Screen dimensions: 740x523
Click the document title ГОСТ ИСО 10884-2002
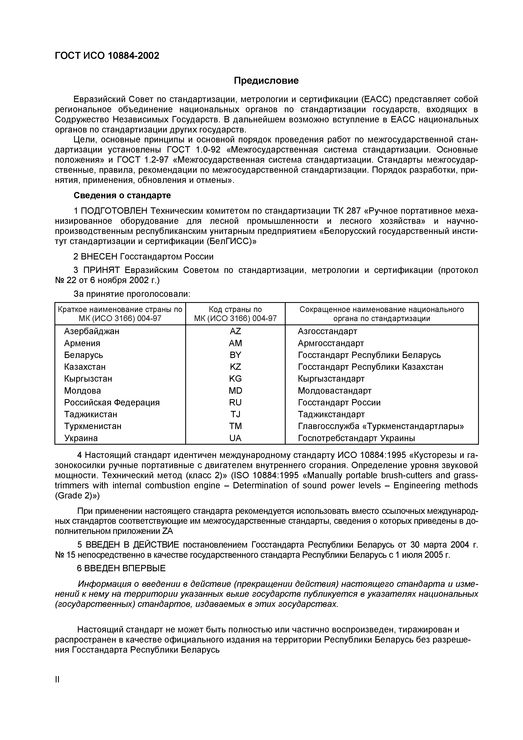click(107, 56)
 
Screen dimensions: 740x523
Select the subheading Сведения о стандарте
click(122, 195)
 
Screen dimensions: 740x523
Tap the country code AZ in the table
click(235, 331)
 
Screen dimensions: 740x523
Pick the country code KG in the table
click(235, 379)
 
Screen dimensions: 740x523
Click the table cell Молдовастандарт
click(334, 391)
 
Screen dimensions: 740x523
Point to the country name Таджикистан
click(91, 414)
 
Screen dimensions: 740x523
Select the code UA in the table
click(235, 438)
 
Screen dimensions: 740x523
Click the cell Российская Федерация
click(112, 402)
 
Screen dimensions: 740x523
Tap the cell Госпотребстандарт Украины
click(356, 438)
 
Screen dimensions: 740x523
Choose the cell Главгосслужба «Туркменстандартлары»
click(381, 426)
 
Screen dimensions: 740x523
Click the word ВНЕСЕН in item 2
click(99, 257)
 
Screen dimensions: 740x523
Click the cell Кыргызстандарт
click(331, 379)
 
